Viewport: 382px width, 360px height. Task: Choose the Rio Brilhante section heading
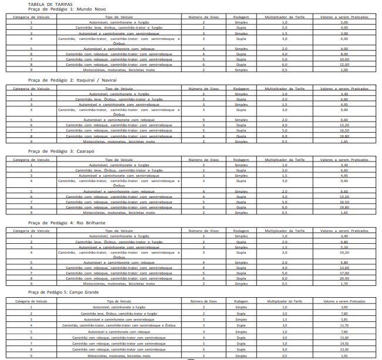(x=58, y=223)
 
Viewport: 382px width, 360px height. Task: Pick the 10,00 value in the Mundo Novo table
(x=344, y=59)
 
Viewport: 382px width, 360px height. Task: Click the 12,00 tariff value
(x=344, y=64)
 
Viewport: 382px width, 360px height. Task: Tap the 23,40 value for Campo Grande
(x=344, y=349)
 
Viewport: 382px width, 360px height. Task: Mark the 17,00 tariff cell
(x=344, y=273)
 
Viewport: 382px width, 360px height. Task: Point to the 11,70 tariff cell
(x=344, y=325)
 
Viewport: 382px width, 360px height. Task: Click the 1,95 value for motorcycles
(x=344, y=355)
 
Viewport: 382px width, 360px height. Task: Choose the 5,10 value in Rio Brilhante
(x=344, y=247)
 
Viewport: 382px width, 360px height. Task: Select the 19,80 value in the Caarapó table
(x=344, y=207)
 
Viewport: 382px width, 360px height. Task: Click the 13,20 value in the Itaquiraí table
(x=344, y=125)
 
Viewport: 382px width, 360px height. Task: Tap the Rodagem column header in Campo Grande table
(x=241, y=301)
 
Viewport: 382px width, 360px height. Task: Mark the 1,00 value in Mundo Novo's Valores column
(x=344, y=69)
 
